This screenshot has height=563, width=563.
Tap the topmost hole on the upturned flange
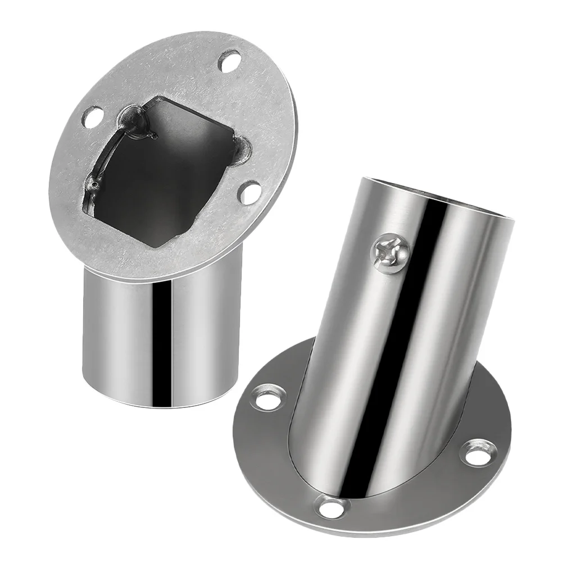[229, 60]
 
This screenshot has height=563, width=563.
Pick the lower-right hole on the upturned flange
[249, 193]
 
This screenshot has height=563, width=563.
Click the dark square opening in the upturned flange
[169, 169]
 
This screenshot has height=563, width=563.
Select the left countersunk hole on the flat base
[269, 397]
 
